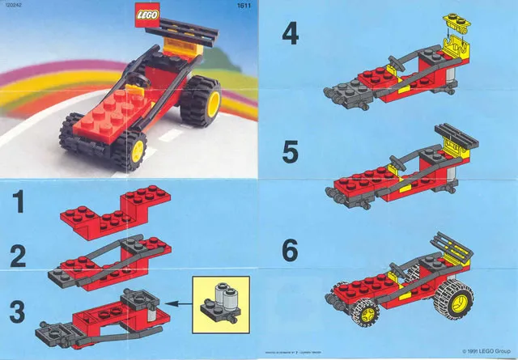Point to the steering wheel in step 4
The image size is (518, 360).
(396, 61)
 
